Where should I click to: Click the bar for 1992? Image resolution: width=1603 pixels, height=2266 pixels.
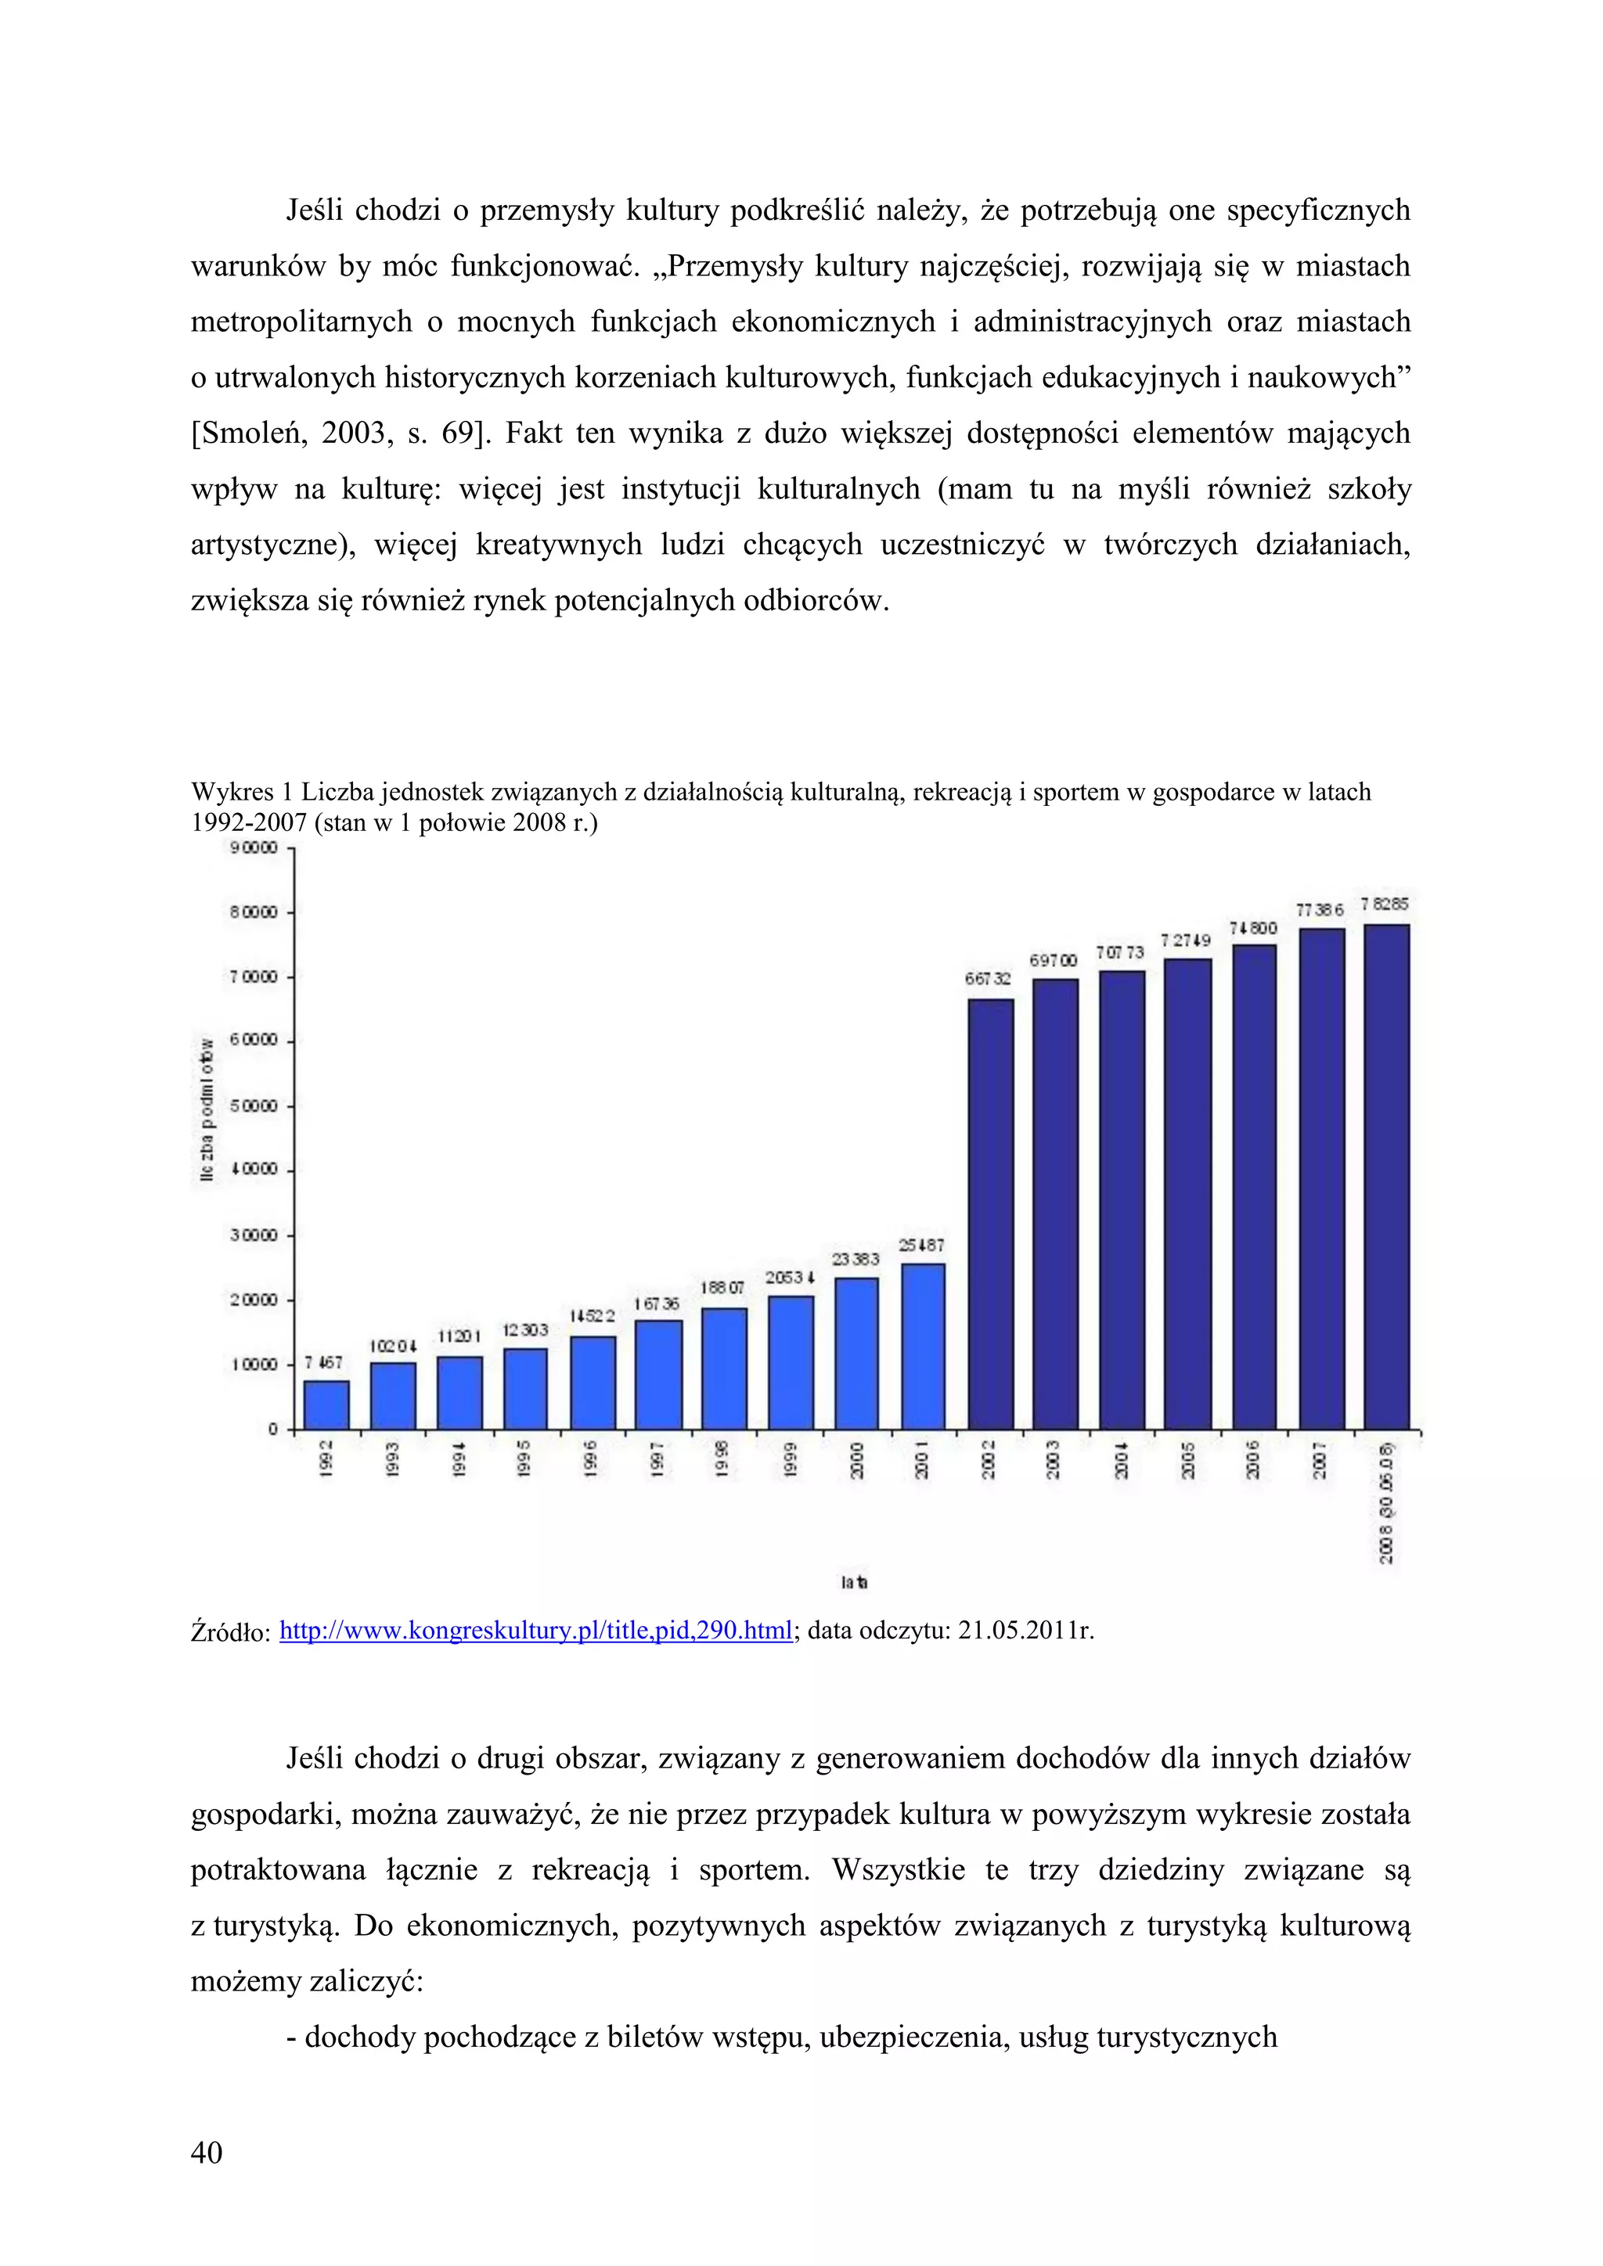(x=326, y=1405)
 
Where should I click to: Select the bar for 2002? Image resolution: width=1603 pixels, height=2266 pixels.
(x=990, y=1214)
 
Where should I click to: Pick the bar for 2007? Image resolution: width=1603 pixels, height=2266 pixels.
(x=1322, y=1178)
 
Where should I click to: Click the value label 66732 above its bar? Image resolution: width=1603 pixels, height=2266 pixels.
(x=987, y=979)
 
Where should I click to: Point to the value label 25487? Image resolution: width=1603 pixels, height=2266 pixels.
(x=921, y=1246)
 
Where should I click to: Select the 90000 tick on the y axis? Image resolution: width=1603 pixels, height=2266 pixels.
(x=253, y=847)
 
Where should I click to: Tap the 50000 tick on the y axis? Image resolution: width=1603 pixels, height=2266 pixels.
(x=253, y=1106)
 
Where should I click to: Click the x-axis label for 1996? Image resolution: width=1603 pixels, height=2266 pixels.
(x=590, y=1459)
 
